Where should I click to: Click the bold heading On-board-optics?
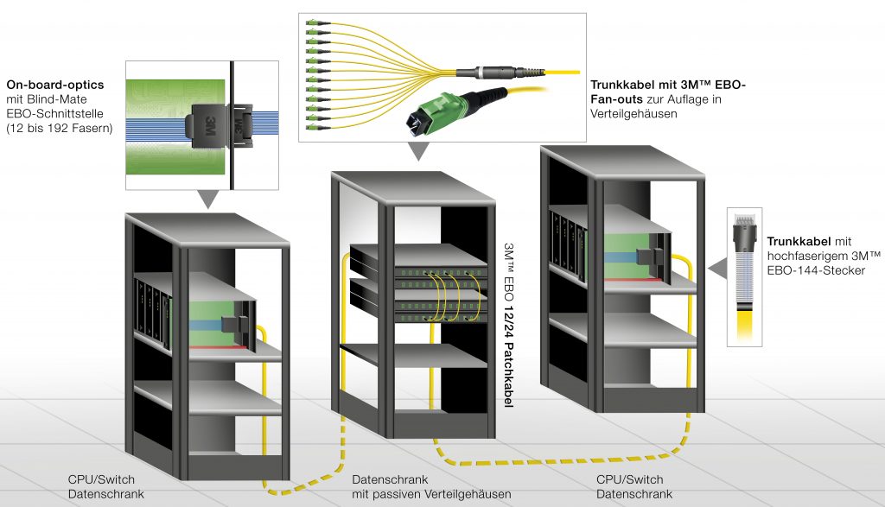tap(55, 85)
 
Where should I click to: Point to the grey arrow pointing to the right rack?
tap(716, 269)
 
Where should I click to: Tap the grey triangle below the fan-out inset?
tap(418, 153)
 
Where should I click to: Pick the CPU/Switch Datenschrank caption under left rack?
tap(102, 487)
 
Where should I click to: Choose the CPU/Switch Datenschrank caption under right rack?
tap(630, 487)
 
